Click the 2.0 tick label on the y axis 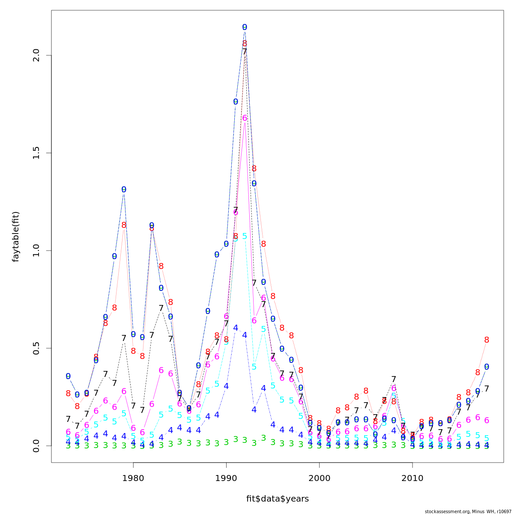tap(36, 56)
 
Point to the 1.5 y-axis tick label tap(36, 153)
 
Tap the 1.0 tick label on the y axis tap(36, 251)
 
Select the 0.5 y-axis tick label tap(36, 348)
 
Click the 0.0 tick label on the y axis tap(36, 445)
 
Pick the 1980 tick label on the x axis tap(133, 478)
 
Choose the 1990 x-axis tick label tap(226, 478)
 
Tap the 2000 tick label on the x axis tap(319, 478)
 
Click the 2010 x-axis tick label tap(412, 478)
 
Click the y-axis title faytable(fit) tap(16, 236)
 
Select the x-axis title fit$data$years tap(277, 499)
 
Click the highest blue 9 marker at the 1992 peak tap(245, 27)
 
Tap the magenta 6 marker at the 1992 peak tap(245, 118)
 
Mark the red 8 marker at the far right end tap(487, 340)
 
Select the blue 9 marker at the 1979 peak tap(124, 190)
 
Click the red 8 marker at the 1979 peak tap(124, 225)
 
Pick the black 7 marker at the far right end tap(487, 389)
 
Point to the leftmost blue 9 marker tap(68, 377)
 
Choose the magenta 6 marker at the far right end tap(487, 421)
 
